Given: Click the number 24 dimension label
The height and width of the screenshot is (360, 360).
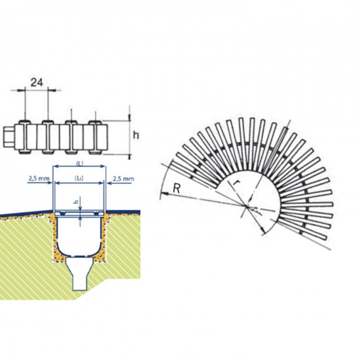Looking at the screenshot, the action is tap(37, 82).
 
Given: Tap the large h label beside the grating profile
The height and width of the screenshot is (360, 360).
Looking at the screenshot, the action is tap(136, 135).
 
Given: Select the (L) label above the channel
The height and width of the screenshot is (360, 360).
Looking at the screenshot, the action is tap(79, 164).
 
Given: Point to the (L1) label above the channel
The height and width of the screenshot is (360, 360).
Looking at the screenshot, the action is tap(79, 178).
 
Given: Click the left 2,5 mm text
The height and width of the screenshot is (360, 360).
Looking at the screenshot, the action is tap(39, 178).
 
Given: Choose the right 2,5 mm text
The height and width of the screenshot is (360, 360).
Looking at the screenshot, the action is tap(123, 179).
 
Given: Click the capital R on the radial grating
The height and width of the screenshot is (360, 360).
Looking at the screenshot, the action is tap(176, 189).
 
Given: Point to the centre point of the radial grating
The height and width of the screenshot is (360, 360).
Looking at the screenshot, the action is tap(247, 206).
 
